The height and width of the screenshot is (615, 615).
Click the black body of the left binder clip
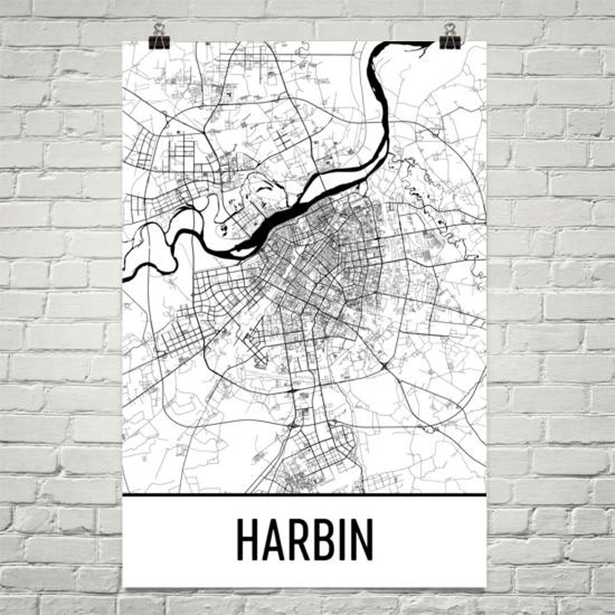pyautogui.click(x=159, y=42)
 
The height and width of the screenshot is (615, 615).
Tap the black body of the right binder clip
pyautogui.click(x=450, y=42)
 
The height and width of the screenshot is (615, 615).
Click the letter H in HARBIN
pyautogui.click(x=248, y=540)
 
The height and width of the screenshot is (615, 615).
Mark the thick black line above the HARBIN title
pyautogui.click(x=304, y=495)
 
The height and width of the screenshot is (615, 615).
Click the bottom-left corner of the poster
pyautogui.click(x=124, y=587)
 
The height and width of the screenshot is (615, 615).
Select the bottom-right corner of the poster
pyautogui.click(x=486, y=587)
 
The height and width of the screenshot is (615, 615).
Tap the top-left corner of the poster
pyautogui.click(x=123, y=42)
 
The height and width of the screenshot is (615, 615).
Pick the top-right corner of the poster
pyautogui.click(x=486, y=42)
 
